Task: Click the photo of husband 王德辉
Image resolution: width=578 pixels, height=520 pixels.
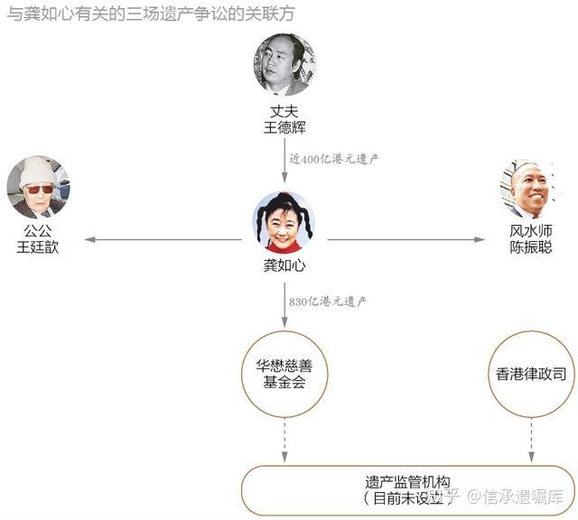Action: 284,65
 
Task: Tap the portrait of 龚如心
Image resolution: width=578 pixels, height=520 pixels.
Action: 284,222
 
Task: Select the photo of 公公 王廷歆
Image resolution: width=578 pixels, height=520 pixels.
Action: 38,187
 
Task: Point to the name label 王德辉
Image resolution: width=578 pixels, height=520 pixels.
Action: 284,127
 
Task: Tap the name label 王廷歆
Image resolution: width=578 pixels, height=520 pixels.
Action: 38,246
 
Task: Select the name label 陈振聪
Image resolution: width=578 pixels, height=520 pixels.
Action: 530,246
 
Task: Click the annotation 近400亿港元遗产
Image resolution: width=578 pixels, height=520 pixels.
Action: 334,158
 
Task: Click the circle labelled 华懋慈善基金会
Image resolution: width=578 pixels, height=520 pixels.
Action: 284,374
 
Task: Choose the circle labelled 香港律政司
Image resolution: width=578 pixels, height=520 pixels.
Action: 530,374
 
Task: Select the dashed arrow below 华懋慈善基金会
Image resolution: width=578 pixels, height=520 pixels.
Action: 284,439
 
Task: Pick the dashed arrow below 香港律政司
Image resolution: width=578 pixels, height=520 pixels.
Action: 530,439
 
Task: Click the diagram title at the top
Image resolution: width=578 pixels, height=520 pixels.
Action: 150,14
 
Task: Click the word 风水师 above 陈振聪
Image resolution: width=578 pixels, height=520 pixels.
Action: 530,231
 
